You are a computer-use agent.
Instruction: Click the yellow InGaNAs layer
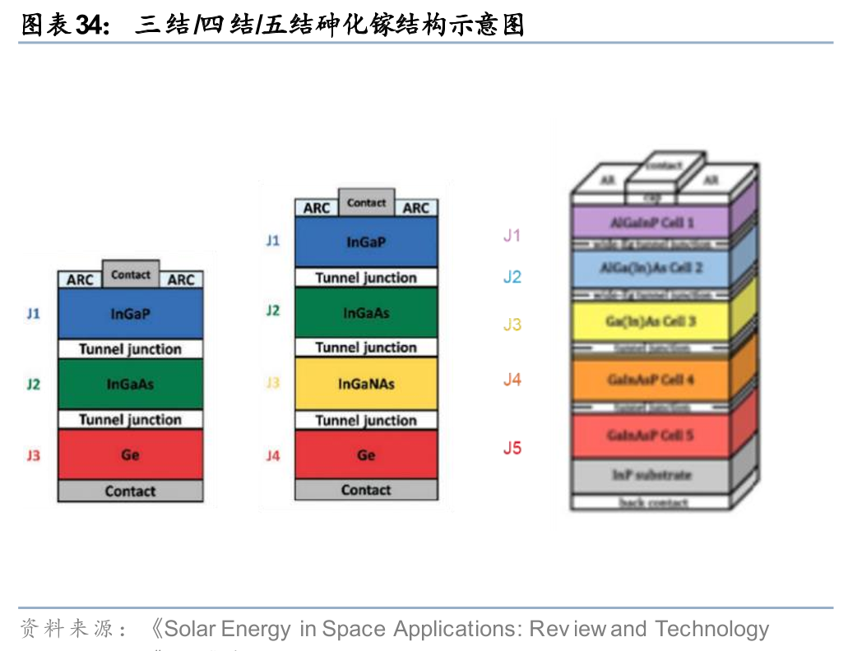click(366, 384)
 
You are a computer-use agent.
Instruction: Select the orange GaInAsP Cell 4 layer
click(650, 380)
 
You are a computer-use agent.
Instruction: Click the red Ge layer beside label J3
click(130, 454)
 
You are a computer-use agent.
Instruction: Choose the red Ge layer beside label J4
click(366, 455)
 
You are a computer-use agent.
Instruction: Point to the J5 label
click(512, 448)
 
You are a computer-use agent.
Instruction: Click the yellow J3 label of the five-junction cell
click(512, 325)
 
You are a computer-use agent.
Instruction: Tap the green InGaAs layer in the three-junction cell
click(130, 384)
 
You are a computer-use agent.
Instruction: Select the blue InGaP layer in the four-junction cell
click(366, 242)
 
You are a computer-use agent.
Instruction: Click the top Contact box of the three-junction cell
click(131, 275)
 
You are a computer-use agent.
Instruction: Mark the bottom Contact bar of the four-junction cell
click(366, 490)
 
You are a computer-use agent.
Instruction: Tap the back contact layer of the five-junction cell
click(652, 502)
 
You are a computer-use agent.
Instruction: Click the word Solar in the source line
click(189, 630)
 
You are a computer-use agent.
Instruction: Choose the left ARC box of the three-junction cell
click(80, 280)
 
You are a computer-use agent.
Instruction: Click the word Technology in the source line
click(711, 630)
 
